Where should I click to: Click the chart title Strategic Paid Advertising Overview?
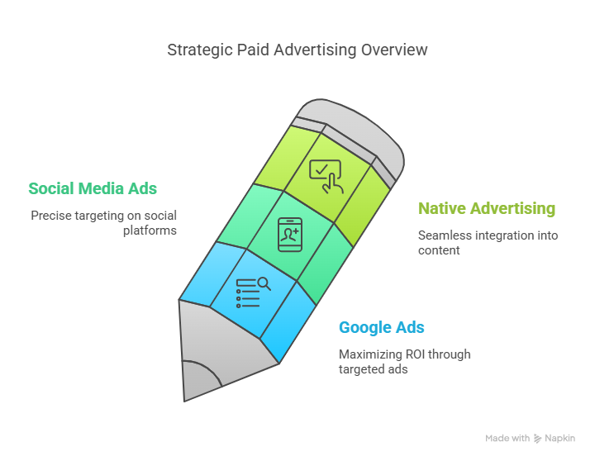click(x=297, y=50)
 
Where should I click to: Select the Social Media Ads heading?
click(x=93, y=188)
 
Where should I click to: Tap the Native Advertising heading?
click(x=487, y=209)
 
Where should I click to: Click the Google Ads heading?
click(x=381, y=327)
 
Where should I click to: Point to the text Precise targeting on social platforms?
click(x=103, y=223)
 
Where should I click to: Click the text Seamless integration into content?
click(x=488, y=243)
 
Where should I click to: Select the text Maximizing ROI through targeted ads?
click(x=404, y=362)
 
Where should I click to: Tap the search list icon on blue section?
click(x=253, y=292)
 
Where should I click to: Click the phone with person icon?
click(x=290, y=235)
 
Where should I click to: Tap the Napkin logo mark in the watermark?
click(x=537, y=439)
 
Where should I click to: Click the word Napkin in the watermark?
click(x=559, y=438)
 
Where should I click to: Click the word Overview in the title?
click(x=394, y=50)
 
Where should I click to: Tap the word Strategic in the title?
click(x=200, y=50)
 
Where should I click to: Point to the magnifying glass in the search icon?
click(x=264, y=284)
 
